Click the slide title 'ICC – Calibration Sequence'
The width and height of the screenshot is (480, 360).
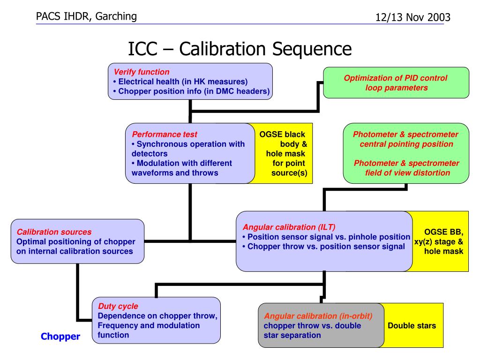pos(240,49)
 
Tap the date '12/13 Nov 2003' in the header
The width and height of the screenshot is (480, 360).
pos(413,17)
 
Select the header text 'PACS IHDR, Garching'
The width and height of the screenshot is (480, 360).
pos(86,16)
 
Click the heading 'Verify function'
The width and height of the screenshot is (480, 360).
pos(142,72)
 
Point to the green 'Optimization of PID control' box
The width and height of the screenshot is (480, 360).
pos(396,82)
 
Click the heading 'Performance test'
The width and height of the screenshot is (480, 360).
pos(165,135)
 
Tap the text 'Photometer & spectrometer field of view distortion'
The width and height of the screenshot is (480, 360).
pos(407,168)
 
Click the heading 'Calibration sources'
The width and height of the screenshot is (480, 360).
pos(54,232)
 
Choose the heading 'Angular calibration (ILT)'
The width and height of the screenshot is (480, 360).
pos(289,227)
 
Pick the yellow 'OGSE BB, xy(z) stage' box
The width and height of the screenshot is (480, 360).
pos(439,241)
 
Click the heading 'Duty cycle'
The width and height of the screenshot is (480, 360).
pos(118,306)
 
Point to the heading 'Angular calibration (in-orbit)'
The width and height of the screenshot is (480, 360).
pos(318,316)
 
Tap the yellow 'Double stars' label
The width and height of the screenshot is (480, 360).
pos(412,325)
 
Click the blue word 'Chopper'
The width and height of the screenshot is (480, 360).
pos(60,337)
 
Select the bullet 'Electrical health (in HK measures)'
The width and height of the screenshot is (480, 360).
pos(180,82)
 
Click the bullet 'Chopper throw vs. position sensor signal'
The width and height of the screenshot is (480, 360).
pos(323,247)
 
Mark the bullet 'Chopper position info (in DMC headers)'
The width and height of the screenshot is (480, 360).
pos(191,91)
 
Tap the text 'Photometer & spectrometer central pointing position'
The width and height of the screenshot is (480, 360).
pos(406,139)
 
